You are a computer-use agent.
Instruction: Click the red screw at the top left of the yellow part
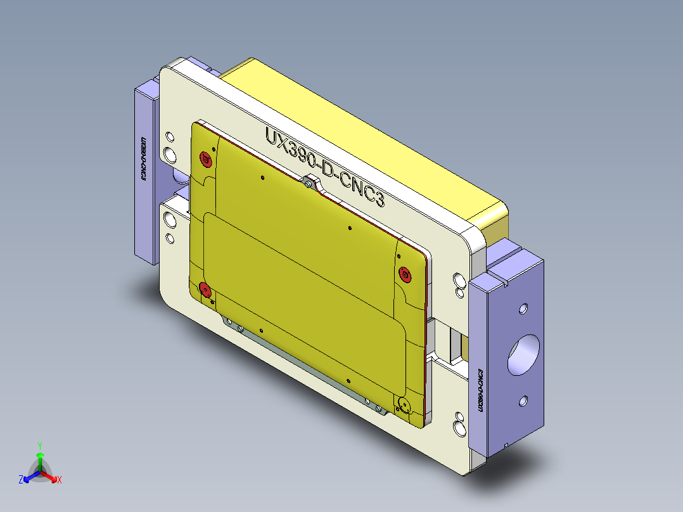[205, 158]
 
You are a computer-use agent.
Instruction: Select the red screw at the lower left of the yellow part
[205, 290]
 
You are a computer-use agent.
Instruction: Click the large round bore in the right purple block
[523, 355]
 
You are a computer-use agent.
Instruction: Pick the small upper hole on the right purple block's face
[523, 309]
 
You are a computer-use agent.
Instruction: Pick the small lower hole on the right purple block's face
[523, 400]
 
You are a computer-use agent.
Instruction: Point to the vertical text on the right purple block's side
[480, 392]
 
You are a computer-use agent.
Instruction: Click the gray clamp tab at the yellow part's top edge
[310, 182]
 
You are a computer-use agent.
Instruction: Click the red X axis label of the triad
[59, 480]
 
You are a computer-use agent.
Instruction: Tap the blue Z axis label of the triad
[21, 480]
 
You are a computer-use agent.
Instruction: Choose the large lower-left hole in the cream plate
[170, 220]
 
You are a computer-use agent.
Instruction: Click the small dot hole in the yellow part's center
[350, 227]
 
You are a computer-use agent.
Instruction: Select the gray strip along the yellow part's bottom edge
[304, 359]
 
